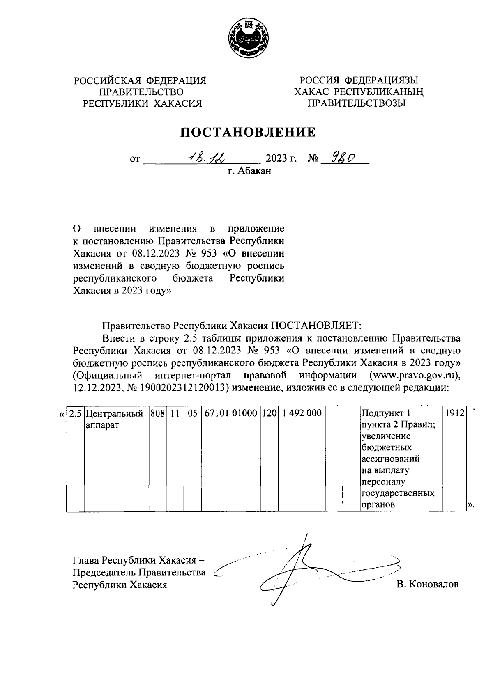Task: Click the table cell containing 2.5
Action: tap(75, 413)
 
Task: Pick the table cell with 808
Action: tap(157, 413)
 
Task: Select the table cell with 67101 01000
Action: tap(231, 413)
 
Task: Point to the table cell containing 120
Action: tap(270, 413)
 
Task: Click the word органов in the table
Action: tap(378, 505)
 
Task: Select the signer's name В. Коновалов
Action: tap(427, 585)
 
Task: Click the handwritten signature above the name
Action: tap(304, 571)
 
